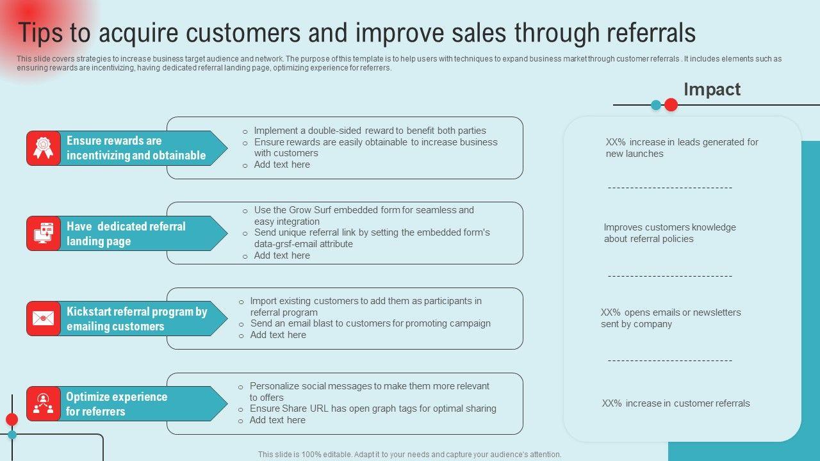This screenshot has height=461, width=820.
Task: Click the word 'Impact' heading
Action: click(x=712, y=90)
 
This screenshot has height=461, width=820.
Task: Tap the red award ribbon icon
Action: click(x=43, y=148)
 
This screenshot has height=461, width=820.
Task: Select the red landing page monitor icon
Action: click(x=43, y=233)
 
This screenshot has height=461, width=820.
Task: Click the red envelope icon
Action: click(x=43, y=318)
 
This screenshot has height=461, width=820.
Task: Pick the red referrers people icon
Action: click(x=43, y=403)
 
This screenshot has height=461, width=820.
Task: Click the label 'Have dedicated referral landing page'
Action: click(x=126, y=234)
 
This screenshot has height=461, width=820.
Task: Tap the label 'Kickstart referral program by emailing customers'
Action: click(x=136, y=319)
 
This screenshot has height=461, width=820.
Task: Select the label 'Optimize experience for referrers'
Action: click(x=117, y=404)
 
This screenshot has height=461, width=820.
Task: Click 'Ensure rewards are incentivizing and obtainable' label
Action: click(x=136, y=148)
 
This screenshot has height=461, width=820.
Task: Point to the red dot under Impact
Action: click(x=671, y=105)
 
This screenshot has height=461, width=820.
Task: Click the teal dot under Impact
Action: click(x=656, y=105)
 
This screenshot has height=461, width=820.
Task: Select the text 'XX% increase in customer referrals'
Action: click(x=676, y=403)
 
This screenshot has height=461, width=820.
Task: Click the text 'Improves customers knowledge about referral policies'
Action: click(x=669, y=233)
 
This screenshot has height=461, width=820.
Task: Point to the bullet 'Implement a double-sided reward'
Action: click(x=370, y=131)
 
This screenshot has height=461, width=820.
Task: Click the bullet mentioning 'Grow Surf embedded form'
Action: click(x=364, y=215)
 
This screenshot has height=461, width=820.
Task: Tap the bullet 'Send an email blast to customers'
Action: click(x=370, y=323)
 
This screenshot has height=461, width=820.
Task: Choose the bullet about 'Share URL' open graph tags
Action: click(x=373, y=408)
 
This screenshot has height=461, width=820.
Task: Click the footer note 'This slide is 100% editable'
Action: click(x=410, y=455)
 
